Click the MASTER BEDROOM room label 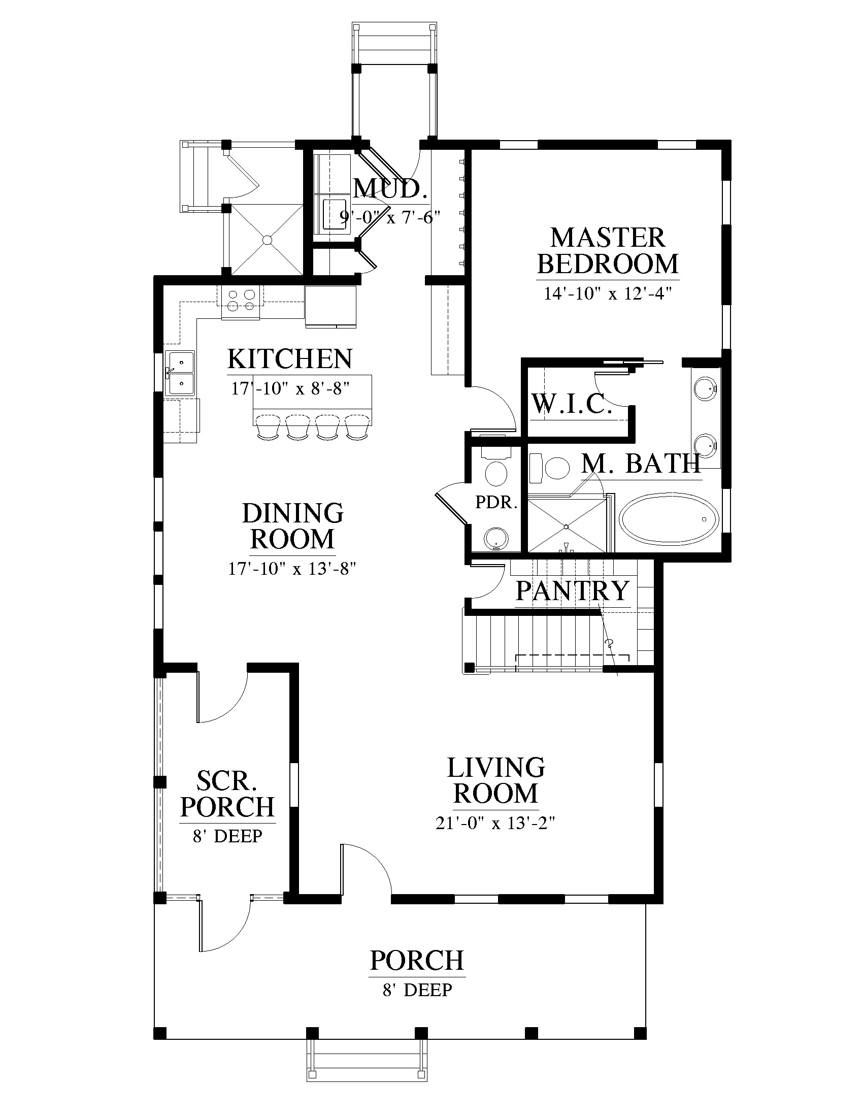[608, 251]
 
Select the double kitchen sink [180, 373]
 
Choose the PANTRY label [573, 590]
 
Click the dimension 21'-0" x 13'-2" [495, 823]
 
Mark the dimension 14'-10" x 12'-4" [607, 293]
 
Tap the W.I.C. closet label [572, 404]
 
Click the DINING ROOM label [292, 526]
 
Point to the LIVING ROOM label [496, 780]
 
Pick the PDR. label [496, 503]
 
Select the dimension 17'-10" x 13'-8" [292, 568]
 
